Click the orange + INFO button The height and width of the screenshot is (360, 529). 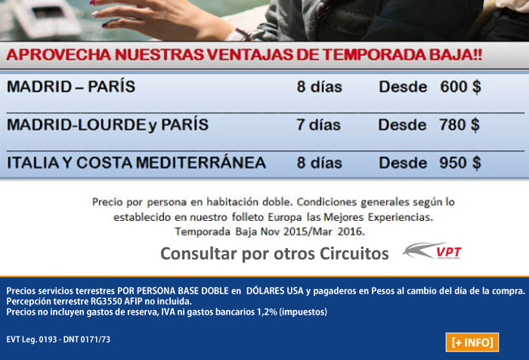click(472, 342)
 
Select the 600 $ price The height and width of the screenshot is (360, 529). click(460, 87)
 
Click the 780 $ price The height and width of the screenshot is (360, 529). click(459, 125)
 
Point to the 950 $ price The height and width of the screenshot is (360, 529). click(460, 163)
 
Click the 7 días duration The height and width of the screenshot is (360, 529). click(318, 125)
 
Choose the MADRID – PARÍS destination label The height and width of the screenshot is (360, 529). click(71, 86)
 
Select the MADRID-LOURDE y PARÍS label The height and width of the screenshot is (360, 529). click(107, 125)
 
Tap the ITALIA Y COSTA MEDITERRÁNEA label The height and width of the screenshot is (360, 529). click(136, 163)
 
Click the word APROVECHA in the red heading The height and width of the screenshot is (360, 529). click(59, 54)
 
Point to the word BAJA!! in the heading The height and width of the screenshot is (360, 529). click(456, 54)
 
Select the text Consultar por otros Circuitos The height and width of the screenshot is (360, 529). click(274, 253)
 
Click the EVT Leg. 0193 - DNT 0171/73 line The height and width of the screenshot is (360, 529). click(58, 340)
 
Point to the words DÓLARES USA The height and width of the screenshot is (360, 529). click(274, 290)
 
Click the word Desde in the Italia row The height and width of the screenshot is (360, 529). click(403, 163)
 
